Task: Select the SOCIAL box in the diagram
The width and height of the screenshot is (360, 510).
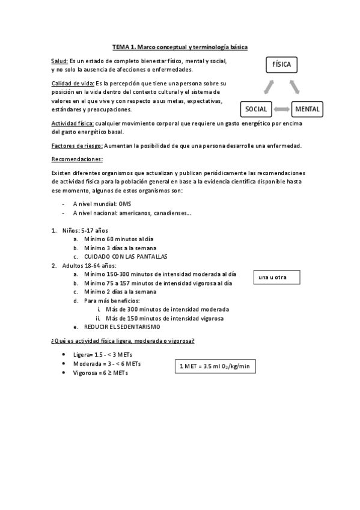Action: pos(257,109)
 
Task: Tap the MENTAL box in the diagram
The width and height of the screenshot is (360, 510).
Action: pos(307,109)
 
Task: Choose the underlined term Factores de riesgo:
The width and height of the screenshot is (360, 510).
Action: pos(77,146)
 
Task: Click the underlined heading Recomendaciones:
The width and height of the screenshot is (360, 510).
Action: pos(77,159)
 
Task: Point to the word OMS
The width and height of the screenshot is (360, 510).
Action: pos(125,204)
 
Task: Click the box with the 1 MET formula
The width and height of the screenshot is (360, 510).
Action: pos(215,366)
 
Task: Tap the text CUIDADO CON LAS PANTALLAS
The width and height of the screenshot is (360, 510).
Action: pos(125,256)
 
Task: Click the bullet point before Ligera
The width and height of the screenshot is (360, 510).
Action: pos(64,355)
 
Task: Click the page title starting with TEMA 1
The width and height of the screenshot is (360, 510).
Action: pos(180,46)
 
